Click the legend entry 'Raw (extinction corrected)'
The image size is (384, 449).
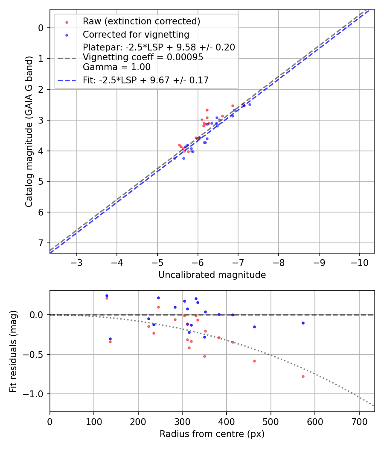[x=141, y=21]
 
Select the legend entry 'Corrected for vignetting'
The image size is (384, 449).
[x=136, y=34]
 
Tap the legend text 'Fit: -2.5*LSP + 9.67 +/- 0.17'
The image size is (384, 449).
[x=145, y=80]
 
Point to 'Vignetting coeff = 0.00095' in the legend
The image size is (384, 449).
[x=143, y=57]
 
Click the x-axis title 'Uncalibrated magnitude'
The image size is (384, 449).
[x=212, y=275]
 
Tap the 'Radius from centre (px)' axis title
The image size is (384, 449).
[x=212, y=434]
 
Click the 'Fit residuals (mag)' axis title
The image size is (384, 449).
[x=14, y=351]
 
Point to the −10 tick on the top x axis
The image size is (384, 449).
[x=359, y=261]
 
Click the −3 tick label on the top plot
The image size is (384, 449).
[x=77, y=261]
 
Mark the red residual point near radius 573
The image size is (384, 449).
[x=303, y=376]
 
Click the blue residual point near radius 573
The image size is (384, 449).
[x=303, y=323]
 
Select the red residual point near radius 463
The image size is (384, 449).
[x=254, y=361]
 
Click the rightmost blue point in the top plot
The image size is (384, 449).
[x=250, y=104]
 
